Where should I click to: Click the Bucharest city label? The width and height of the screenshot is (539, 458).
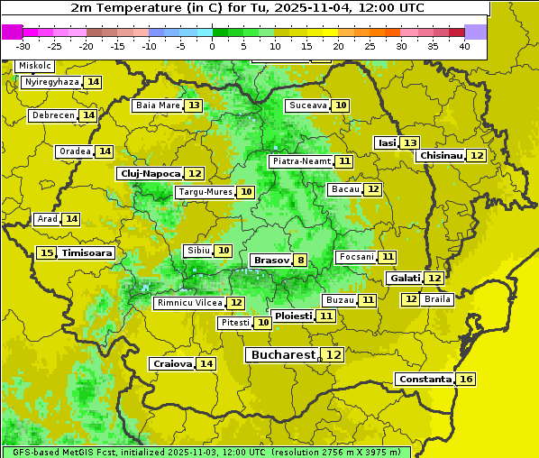[283, 355]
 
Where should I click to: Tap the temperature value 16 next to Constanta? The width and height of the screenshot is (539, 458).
[466, 380]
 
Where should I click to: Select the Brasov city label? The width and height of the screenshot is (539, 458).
[271, 261]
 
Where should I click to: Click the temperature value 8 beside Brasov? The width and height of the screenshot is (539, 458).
[300, 261]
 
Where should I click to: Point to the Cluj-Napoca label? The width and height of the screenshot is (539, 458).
[149, 173]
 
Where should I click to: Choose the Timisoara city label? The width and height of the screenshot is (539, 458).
[87, 253]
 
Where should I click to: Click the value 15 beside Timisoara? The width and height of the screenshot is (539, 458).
[47, 253]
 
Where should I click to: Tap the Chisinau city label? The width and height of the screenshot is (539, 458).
[441, 155]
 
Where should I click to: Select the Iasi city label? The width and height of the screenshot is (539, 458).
[386, 143]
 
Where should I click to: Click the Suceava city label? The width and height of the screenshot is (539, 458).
[307, 105]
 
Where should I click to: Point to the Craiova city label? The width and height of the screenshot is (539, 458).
[172, 363]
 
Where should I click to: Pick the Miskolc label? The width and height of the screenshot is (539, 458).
[34, 66]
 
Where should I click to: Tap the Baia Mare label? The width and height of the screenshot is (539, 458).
[157, 105]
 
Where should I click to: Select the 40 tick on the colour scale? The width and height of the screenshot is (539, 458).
[464, 46]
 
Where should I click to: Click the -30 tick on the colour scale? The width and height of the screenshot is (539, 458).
[23, 46]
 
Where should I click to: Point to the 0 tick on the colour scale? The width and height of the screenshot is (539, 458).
[212, 46]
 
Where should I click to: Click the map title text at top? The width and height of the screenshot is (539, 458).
[244, 7]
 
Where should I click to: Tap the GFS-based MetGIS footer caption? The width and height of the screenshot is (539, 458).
[206, 452]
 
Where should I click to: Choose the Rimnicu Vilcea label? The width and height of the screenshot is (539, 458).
[187, 303]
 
